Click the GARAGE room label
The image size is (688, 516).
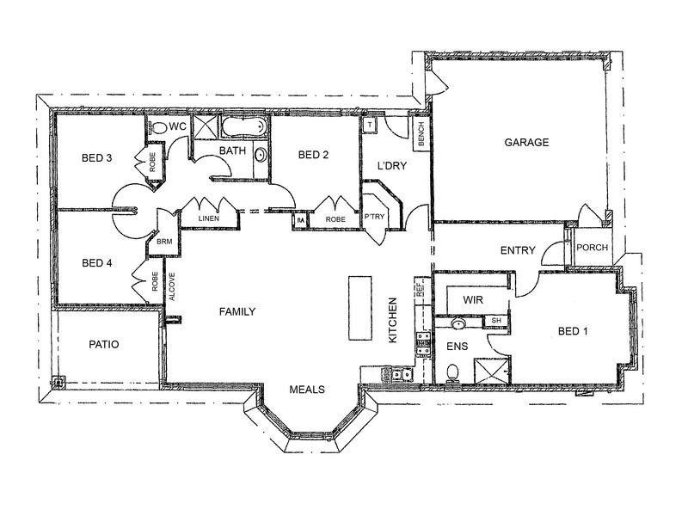pyautogui.click(x=526, y=142)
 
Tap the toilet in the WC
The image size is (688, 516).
pyautogui.click(x=157, y=127)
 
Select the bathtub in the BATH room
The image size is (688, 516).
pyautogui.click(x=244, y=126)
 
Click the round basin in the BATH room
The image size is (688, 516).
pyautogui.click(x=261, y=156)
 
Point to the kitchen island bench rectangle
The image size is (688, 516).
pyautogui.click(x=360, y=308)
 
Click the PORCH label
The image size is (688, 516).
pyautogui.click(x=592, y=248)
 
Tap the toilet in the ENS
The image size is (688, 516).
pyautogui.click(x=452, y=374)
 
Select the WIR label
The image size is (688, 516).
pyautogui.click(x=473, y=299)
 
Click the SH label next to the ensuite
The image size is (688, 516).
pyautogui.click(x=496, y=321)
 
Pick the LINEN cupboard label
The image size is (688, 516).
pyautogui.click(x=208, y=218)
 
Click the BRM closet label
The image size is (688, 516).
pyautogui.click(x=164, y=242)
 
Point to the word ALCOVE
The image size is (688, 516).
pyautogui.click(x=172, y=286)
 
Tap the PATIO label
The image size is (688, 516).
pyautogui.click(x=104, y=345)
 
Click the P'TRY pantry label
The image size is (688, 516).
pyautogui.click(x=374, y=217)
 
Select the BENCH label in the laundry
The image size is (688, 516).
pyautogui.click(x=421, y=134)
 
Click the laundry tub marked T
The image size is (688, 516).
pyautogui.click(x=370, y=125)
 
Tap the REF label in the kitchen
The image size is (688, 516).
pyautogui.click(x=420, y=290)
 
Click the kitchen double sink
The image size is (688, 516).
pyautogui.click(x=402, y=375)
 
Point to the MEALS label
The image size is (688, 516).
pyautogui.click(x=307, y=390)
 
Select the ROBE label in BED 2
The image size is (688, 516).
pyautogui.click(x=335, y=219)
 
